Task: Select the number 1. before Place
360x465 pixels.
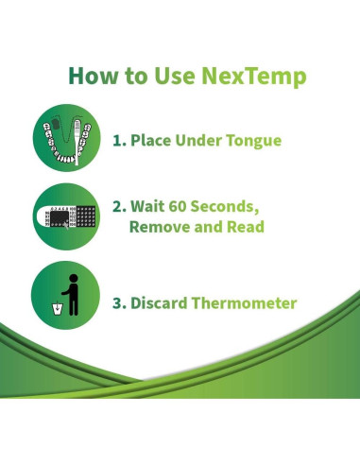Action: coord(120,141)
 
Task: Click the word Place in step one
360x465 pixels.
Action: coord(150,141)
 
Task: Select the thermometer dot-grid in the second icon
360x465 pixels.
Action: coord(84,218)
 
